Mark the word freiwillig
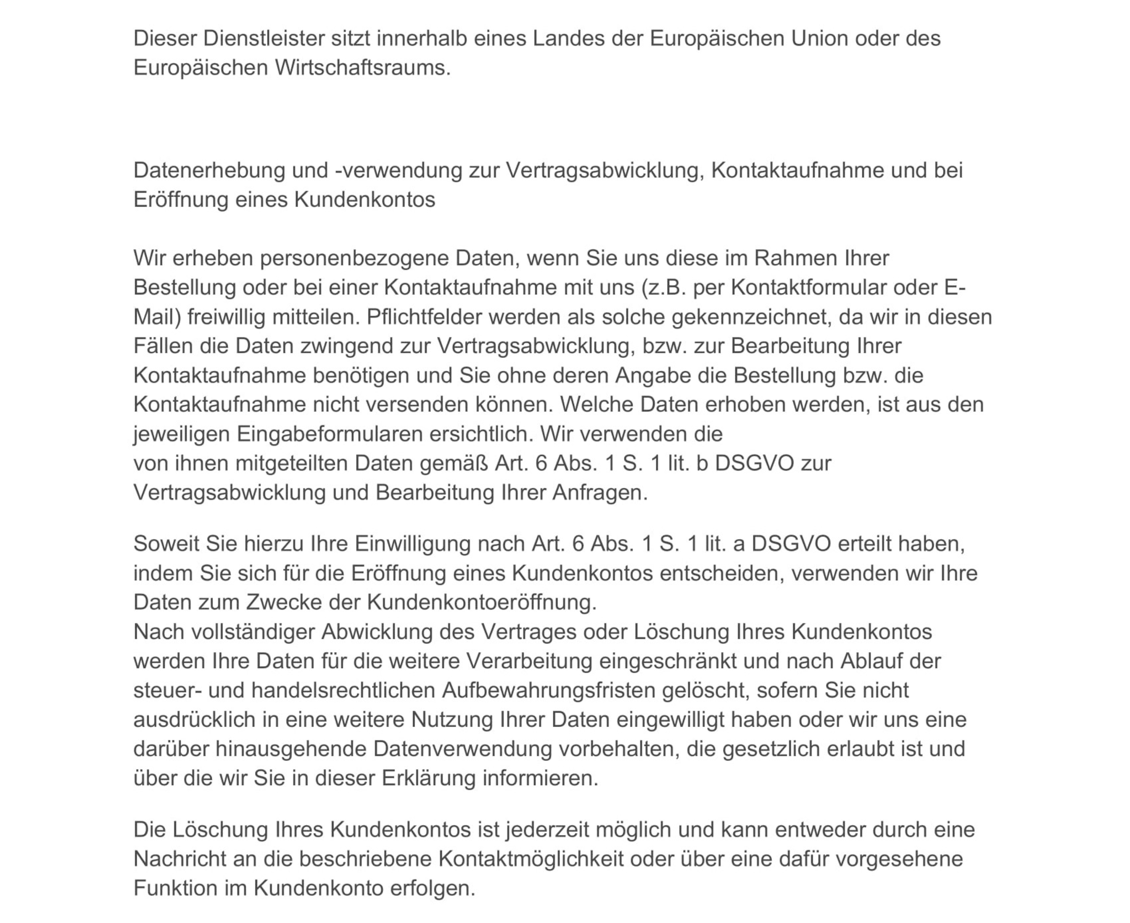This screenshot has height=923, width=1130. (x=227, y=317)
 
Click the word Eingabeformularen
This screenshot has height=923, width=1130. (x=330, y=434)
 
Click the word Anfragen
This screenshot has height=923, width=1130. (x=600, y=493)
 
